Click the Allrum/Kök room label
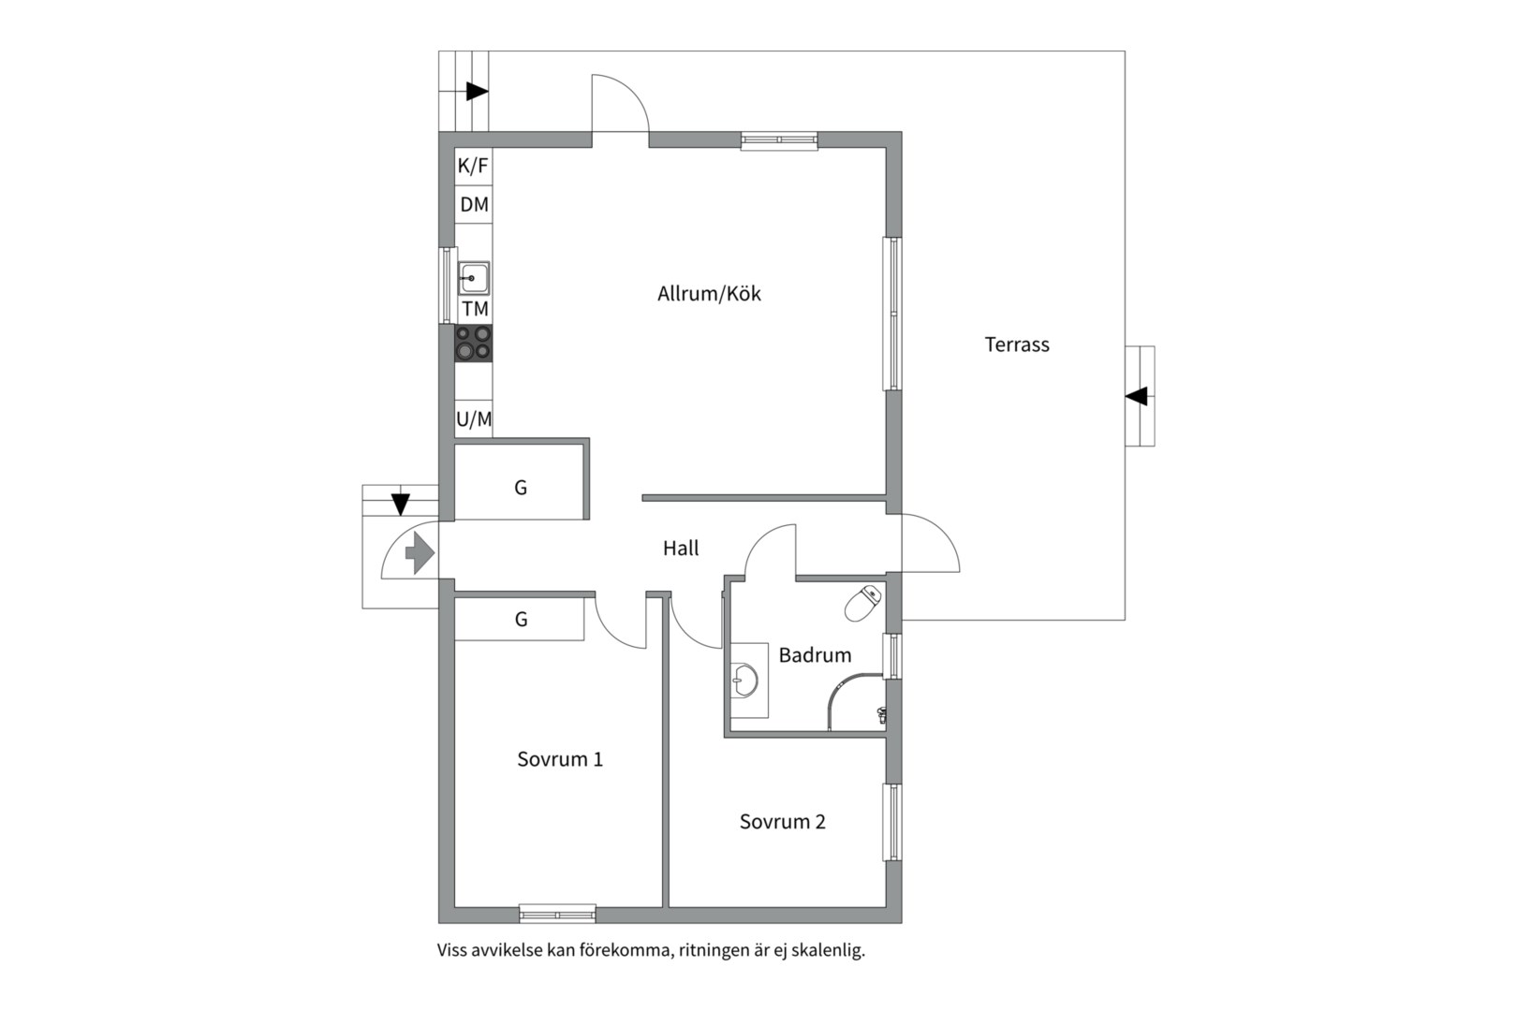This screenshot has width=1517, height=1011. pos(709,294)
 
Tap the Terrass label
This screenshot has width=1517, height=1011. pos(1017,344)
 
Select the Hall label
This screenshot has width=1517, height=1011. pos(681,548)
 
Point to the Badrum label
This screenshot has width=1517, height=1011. pos(815,655)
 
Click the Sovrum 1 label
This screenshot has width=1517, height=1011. pos(559,759)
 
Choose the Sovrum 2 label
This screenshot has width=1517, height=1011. pos(782,821)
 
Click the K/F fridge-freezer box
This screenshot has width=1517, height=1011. pos(474,166)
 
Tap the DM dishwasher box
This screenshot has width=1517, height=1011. pos(474,204)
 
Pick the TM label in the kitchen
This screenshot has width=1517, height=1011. pos(475,309)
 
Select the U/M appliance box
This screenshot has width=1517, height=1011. pos(474,419)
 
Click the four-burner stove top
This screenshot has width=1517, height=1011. pos(474,344)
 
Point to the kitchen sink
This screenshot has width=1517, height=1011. pos(474,278)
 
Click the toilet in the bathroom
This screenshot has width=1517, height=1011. pos(862,604)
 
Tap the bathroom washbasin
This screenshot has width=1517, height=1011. pos(745,680)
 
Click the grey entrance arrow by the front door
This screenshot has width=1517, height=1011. pos(420,553)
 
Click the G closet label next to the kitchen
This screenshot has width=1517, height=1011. pos(520,488)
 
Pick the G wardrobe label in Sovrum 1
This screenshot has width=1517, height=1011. pos(521,619)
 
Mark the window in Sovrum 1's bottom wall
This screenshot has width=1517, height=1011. pos(557,915)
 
